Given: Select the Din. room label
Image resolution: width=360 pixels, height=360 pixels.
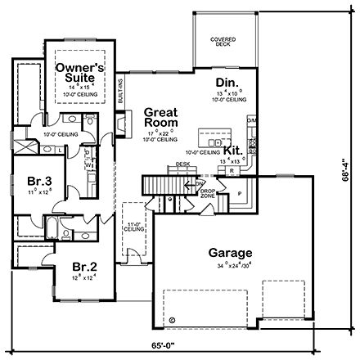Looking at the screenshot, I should pyautogui.click(x=227, y=82).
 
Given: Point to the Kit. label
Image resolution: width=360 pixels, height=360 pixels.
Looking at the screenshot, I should pyautogui.click(x=232, y=151).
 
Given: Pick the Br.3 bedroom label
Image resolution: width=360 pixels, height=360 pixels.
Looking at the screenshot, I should pyautogui.click(x=35, y=181).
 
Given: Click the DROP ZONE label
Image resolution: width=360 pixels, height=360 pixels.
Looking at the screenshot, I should pyautogui.click(x=206, y=195).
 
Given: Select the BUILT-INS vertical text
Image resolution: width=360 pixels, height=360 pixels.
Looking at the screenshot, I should pyautogui.click(x=119, y=88).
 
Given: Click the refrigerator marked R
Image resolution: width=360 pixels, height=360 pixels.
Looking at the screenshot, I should pyautogui.click(x=232, y=171).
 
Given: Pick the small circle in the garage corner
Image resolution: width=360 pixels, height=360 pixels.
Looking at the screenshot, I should pyautogui.click(x=173, y=319).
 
